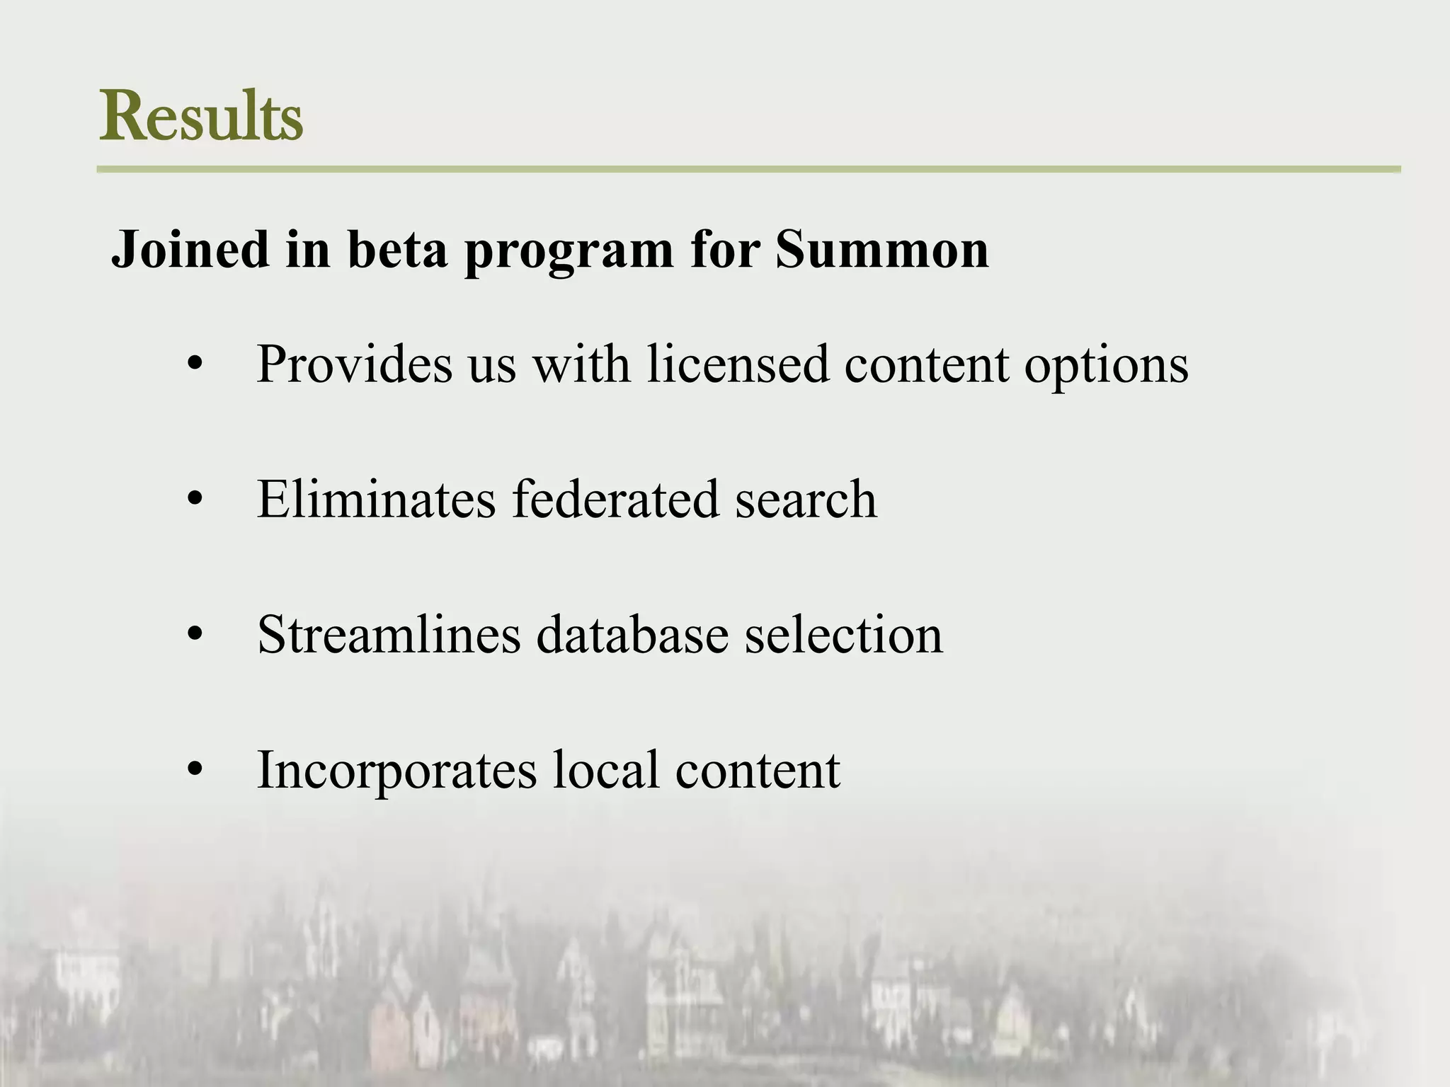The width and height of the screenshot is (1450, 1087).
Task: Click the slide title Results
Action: [x=202, y=116]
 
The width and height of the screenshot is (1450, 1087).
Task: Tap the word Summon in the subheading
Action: [x=881, y=250]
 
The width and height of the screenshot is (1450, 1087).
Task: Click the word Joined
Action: [x=190, y=250]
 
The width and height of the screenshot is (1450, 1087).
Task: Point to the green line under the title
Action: [x=748, y=170]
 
